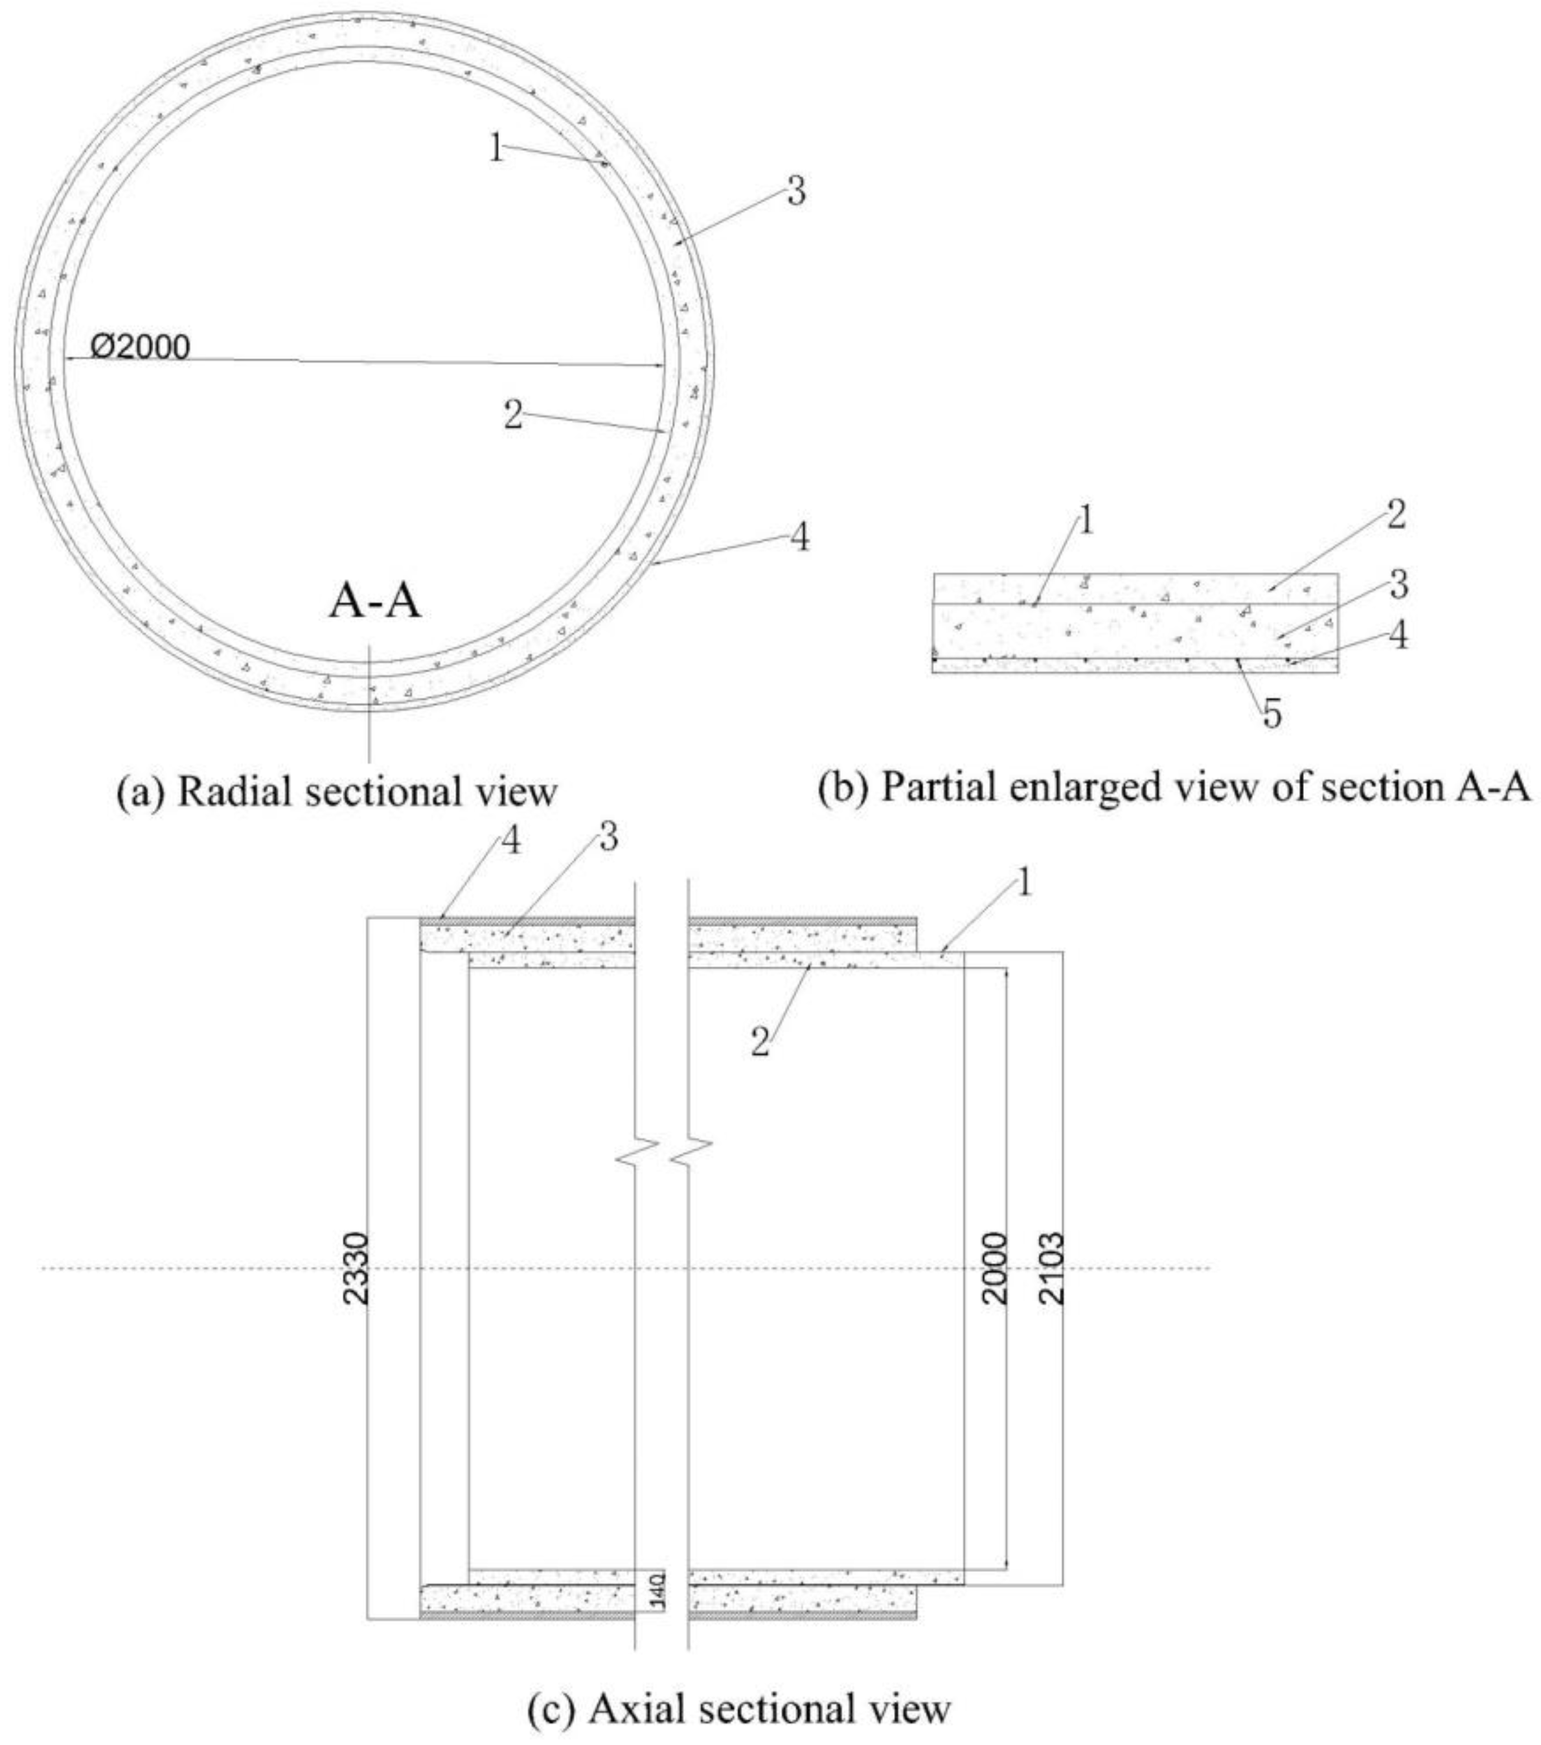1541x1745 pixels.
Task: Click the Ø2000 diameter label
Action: (x=140, y=347)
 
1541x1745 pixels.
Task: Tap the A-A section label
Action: (x=375, y=602)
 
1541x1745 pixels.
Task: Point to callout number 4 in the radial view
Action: (x=799, y=538)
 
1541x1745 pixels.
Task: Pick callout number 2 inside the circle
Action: (x=512, y=416)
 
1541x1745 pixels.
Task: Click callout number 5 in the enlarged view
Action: (x=1272, y=714)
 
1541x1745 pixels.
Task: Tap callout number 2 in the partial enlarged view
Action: (x=1395, y=515)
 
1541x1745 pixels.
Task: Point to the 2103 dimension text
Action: (x=1053, y=1268)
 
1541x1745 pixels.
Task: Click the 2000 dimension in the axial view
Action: (x=994, y=1268)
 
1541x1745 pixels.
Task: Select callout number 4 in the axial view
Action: (x=510, y=843)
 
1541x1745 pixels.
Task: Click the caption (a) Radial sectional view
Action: (x=336, y=792)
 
